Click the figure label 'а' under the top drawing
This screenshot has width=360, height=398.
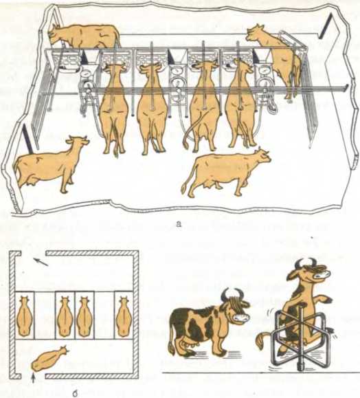(179, 224)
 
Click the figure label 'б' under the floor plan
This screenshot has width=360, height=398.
(75, 395)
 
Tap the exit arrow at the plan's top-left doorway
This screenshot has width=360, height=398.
(41, 262)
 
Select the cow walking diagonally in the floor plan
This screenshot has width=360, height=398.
(49, 358)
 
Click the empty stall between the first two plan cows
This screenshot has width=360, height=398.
(45, 315)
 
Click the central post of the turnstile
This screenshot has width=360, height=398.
(300, 340)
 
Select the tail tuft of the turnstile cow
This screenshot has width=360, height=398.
(260, 342)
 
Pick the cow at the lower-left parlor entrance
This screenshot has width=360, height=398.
(49, 165)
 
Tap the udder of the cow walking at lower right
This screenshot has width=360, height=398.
(210, 186)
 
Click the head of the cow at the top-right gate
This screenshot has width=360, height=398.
(255, 33)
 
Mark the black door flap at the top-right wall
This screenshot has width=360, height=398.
(325, 26)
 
